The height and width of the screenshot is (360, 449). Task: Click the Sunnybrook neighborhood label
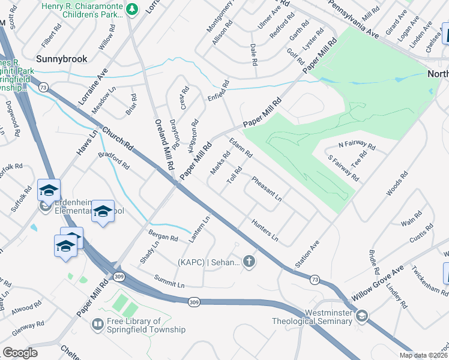coord(62,59)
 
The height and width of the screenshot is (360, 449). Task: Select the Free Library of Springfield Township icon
coord(96,325)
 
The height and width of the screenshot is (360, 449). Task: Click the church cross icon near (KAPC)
coord(249,261)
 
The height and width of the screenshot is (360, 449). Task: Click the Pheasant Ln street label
coord(267,188)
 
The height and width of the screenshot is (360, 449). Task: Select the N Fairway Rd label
coord(357,146)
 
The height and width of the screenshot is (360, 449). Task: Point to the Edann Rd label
coord(241,147)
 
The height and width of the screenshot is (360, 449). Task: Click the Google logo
coord(20,352)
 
